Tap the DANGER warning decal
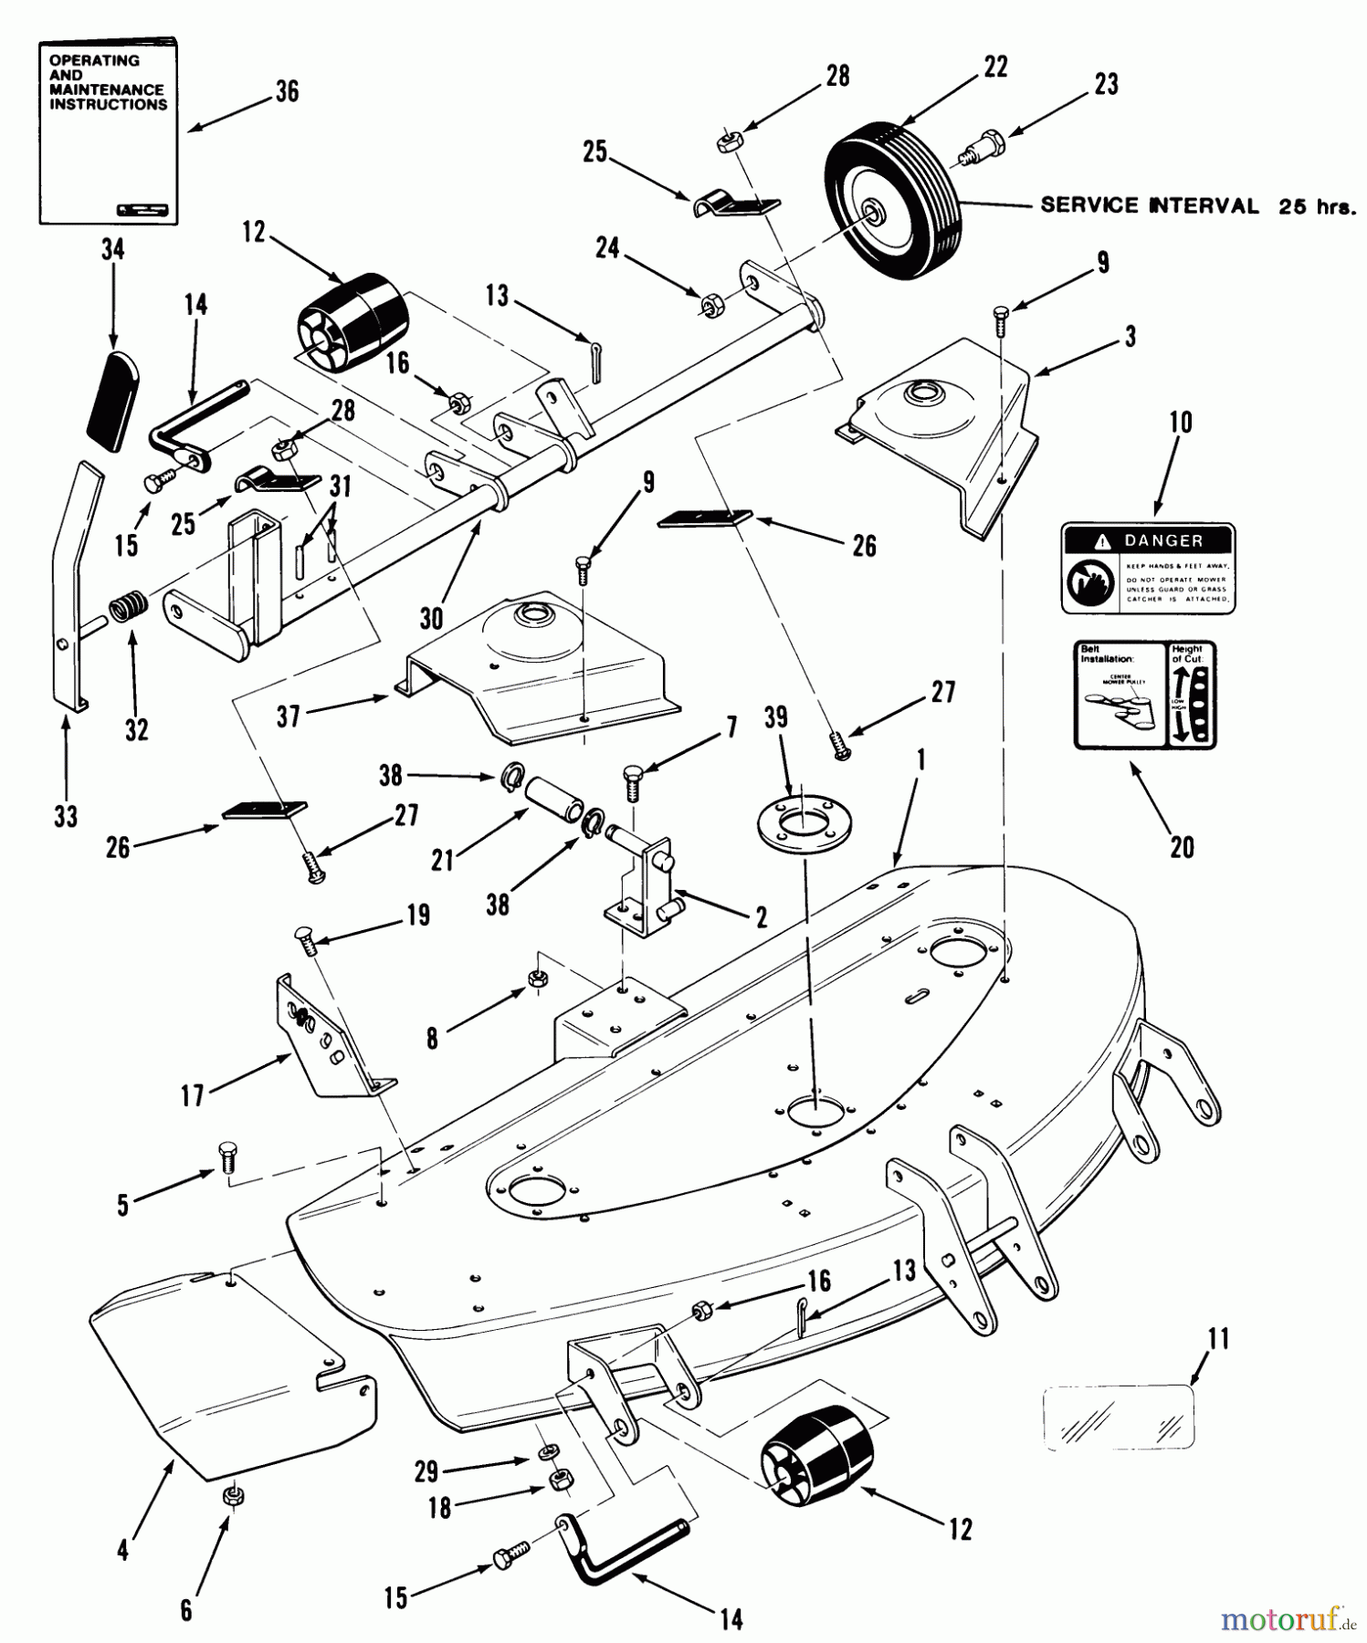pos(1147,568)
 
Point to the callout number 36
pos(287,92)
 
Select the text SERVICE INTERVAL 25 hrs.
pos(1196,206)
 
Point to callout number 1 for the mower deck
pos(920,760)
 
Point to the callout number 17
pos(193,1095)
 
